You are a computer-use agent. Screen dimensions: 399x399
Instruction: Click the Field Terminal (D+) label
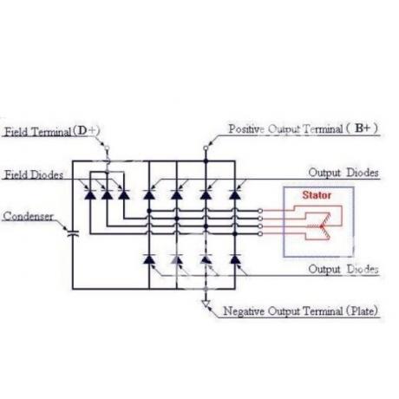point(52,132)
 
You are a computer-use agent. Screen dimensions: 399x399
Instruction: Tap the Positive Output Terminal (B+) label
point(303,128)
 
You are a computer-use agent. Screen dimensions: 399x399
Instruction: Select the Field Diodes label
point(34,174)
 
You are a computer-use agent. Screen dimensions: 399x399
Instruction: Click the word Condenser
point(28,216)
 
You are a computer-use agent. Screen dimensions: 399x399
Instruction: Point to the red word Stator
point(317,195)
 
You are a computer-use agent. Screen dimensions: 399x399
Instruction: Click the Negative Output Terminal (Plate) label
point(301,311)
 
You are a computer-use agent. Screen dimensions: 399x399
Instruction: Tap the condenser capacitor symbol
point(73,233)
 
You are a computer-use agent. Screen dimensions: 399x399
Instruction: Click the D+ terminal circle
point(107,148)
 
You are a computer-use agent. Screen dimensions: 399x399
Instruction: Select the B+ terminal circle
point(206,148)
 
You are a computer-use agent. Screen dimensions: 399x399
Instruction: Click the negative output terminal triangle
point(206,304)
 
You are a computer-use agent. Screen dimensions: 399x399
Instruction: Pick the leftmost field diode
point(90,194)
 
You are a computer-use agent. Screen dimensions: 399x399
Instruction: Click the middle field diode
point(107,194)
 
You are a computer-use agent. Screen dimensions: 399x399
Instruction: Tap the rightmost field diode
point(124,194)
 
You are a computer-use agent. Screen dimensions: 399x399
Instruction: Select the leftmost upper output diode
point(149,194)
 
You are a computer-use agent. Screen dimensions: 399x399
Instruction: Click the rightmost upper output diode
point(235,194)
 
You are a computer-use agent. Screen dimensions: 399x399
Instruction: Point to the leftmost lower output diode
point(149,259)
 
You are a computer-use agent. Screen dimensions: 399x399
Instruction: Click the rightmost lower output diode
point(235,259)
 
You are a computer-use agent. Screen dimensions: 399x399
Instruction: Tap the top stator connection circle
point(260,211)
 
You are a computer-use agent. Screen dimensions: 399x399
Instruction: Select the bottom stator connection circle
point(260,233)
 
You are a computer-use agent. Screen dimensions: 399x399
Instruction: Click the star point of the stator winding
point(322,226)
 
